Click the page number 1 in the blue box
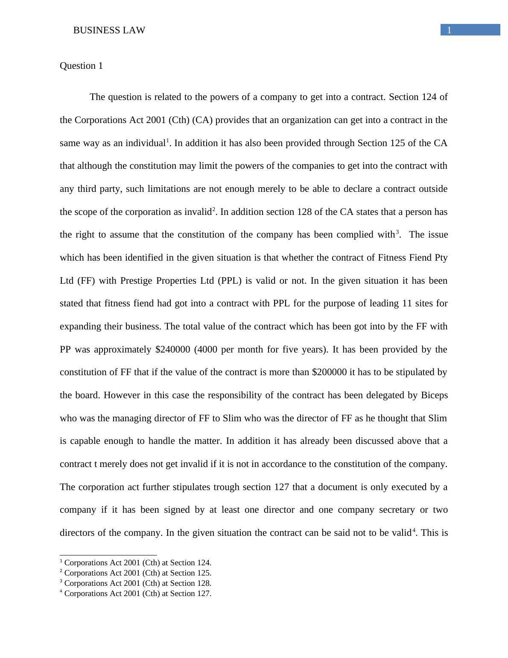[449, 30]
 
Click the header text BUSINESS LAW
[109, 30]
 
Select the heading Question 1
[81, 66]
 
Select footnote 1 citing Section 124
[136, 563]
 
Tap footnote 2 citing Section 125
[136, 573]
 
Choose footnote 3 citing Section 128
[136, 583]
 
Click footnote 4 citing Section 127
[136, 593]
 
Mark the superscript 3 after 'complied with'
[397, 232]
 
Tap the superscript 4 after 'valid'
[413, 530]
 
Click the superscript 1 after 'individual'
[168, 141]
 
